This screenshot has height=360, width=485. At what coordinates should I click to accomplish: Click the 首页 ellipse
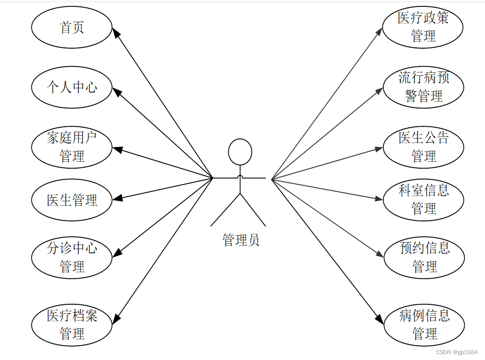(72, 28)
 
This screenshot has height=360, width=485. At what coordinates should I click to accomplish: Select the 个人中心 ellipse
(72, 87)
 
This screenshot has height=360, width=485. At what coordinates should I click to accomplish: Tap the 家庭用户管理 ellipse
(72, 147)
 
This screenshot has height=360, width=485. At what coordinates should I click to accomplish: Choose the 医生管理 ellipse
(72, 200)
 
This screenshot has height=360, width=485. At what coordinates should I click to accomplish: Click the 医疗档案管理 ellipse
(72, 324)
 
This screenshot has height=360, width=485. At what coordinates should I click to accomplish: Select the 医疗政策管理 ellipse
(423, 27)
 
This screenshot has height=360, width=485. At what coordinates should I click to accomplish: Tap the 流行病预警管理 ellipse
(423, 87)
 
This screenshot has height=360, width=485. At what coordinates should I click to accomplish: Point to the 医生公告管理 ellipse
(423, 147)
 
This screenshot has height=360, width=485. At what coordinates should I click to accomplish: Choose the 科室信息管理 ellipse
(423, 199)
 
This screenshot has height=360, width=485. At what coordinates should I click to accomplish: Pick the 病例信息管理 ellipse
(424, 324)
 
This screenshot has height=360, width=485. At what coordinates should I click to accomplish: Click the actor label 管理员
(240, 240)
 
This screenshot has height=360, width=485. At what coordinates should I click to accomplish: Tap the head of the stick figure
(240, 152)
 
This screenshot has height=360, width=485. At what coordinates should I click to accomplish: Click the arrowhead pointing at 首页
(116, 33)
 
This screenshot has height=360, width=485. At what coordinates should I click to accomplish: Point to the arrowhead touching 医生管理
(117, 199)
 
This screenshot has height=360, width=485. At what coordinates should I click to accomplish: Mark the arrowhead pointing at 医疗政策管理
(379, 31)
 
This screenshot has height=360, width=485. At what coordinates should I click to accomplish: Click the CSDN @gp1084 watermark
(457, 352)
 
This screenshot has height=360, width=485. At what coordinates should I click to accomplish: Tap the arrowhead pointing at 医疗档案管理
(116, 319)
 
